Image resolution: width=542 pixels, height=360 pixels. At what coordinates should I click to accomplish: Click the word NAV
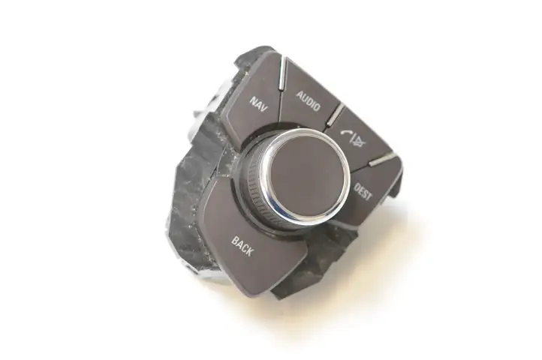point(259,104)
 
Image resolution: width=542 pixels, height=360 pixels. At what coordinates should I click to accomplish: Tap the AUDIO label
point(309,101)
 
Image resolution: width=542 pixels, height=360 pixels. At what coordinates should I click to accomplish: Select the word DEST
point(363,192)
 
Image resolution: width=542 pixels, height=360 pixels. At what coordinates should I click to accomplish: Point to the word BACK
point(242,246)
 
